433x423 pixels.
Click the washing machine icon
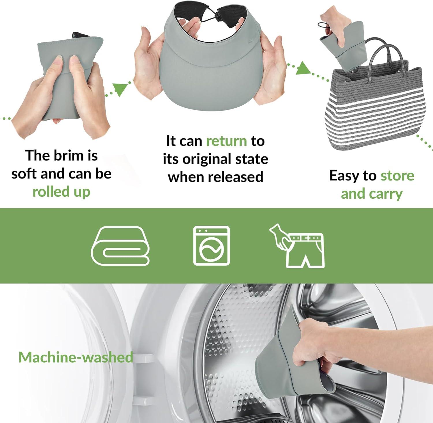(x=212, y=245)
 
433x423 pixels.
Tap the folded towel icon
(x=120, y=246)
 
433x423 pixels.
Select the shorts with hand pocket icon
(x=297, y=246)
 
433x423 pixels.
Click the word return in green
(x=227, y=141)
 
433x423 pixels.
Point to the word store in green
(x=397, y=176)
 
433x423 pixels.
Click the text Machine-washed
(x=76, y=357)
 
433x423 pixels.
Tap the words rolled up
(x=61, y=192)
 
